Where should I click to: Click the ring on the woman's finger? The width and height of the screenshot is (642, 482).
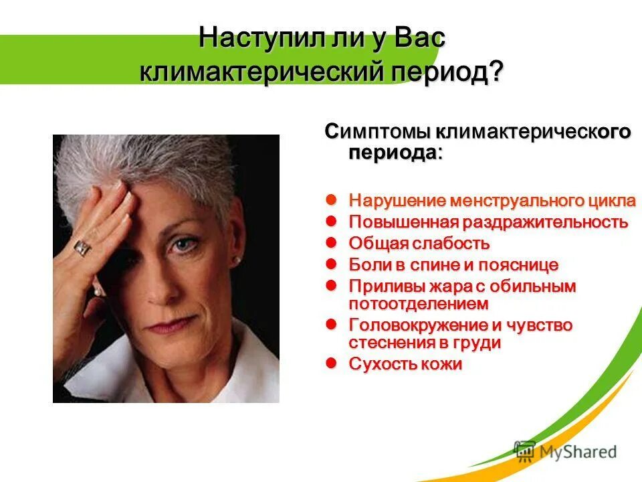coord(82,247)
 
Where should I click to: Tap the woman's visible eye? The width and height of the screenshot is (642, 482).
coord(181,246)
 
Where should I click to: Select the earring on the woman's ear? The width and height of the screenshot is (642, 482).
coord(236,259)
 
